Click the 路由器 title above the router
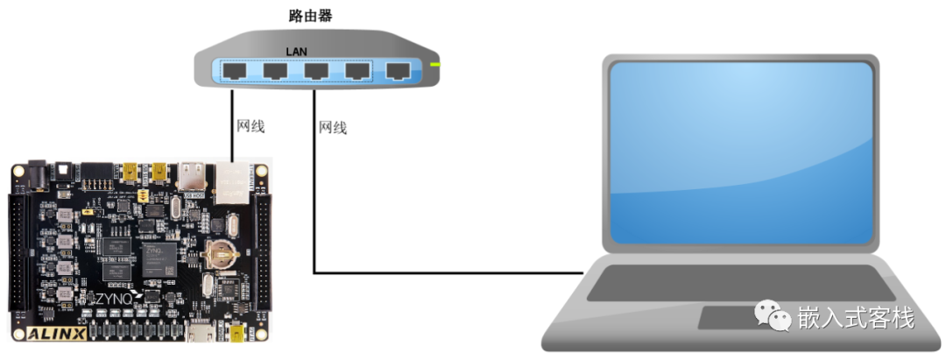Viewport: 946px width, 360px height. (310, 16)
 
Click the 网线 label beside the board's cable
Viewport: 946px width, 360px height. (251, 126)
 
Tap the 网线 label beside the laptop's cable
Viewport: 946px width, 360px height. (333, 128)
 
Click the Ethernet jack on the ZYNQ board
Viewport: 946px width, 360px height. (231, 185)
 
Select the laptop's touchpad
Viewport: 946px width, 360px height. (742, 318)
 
